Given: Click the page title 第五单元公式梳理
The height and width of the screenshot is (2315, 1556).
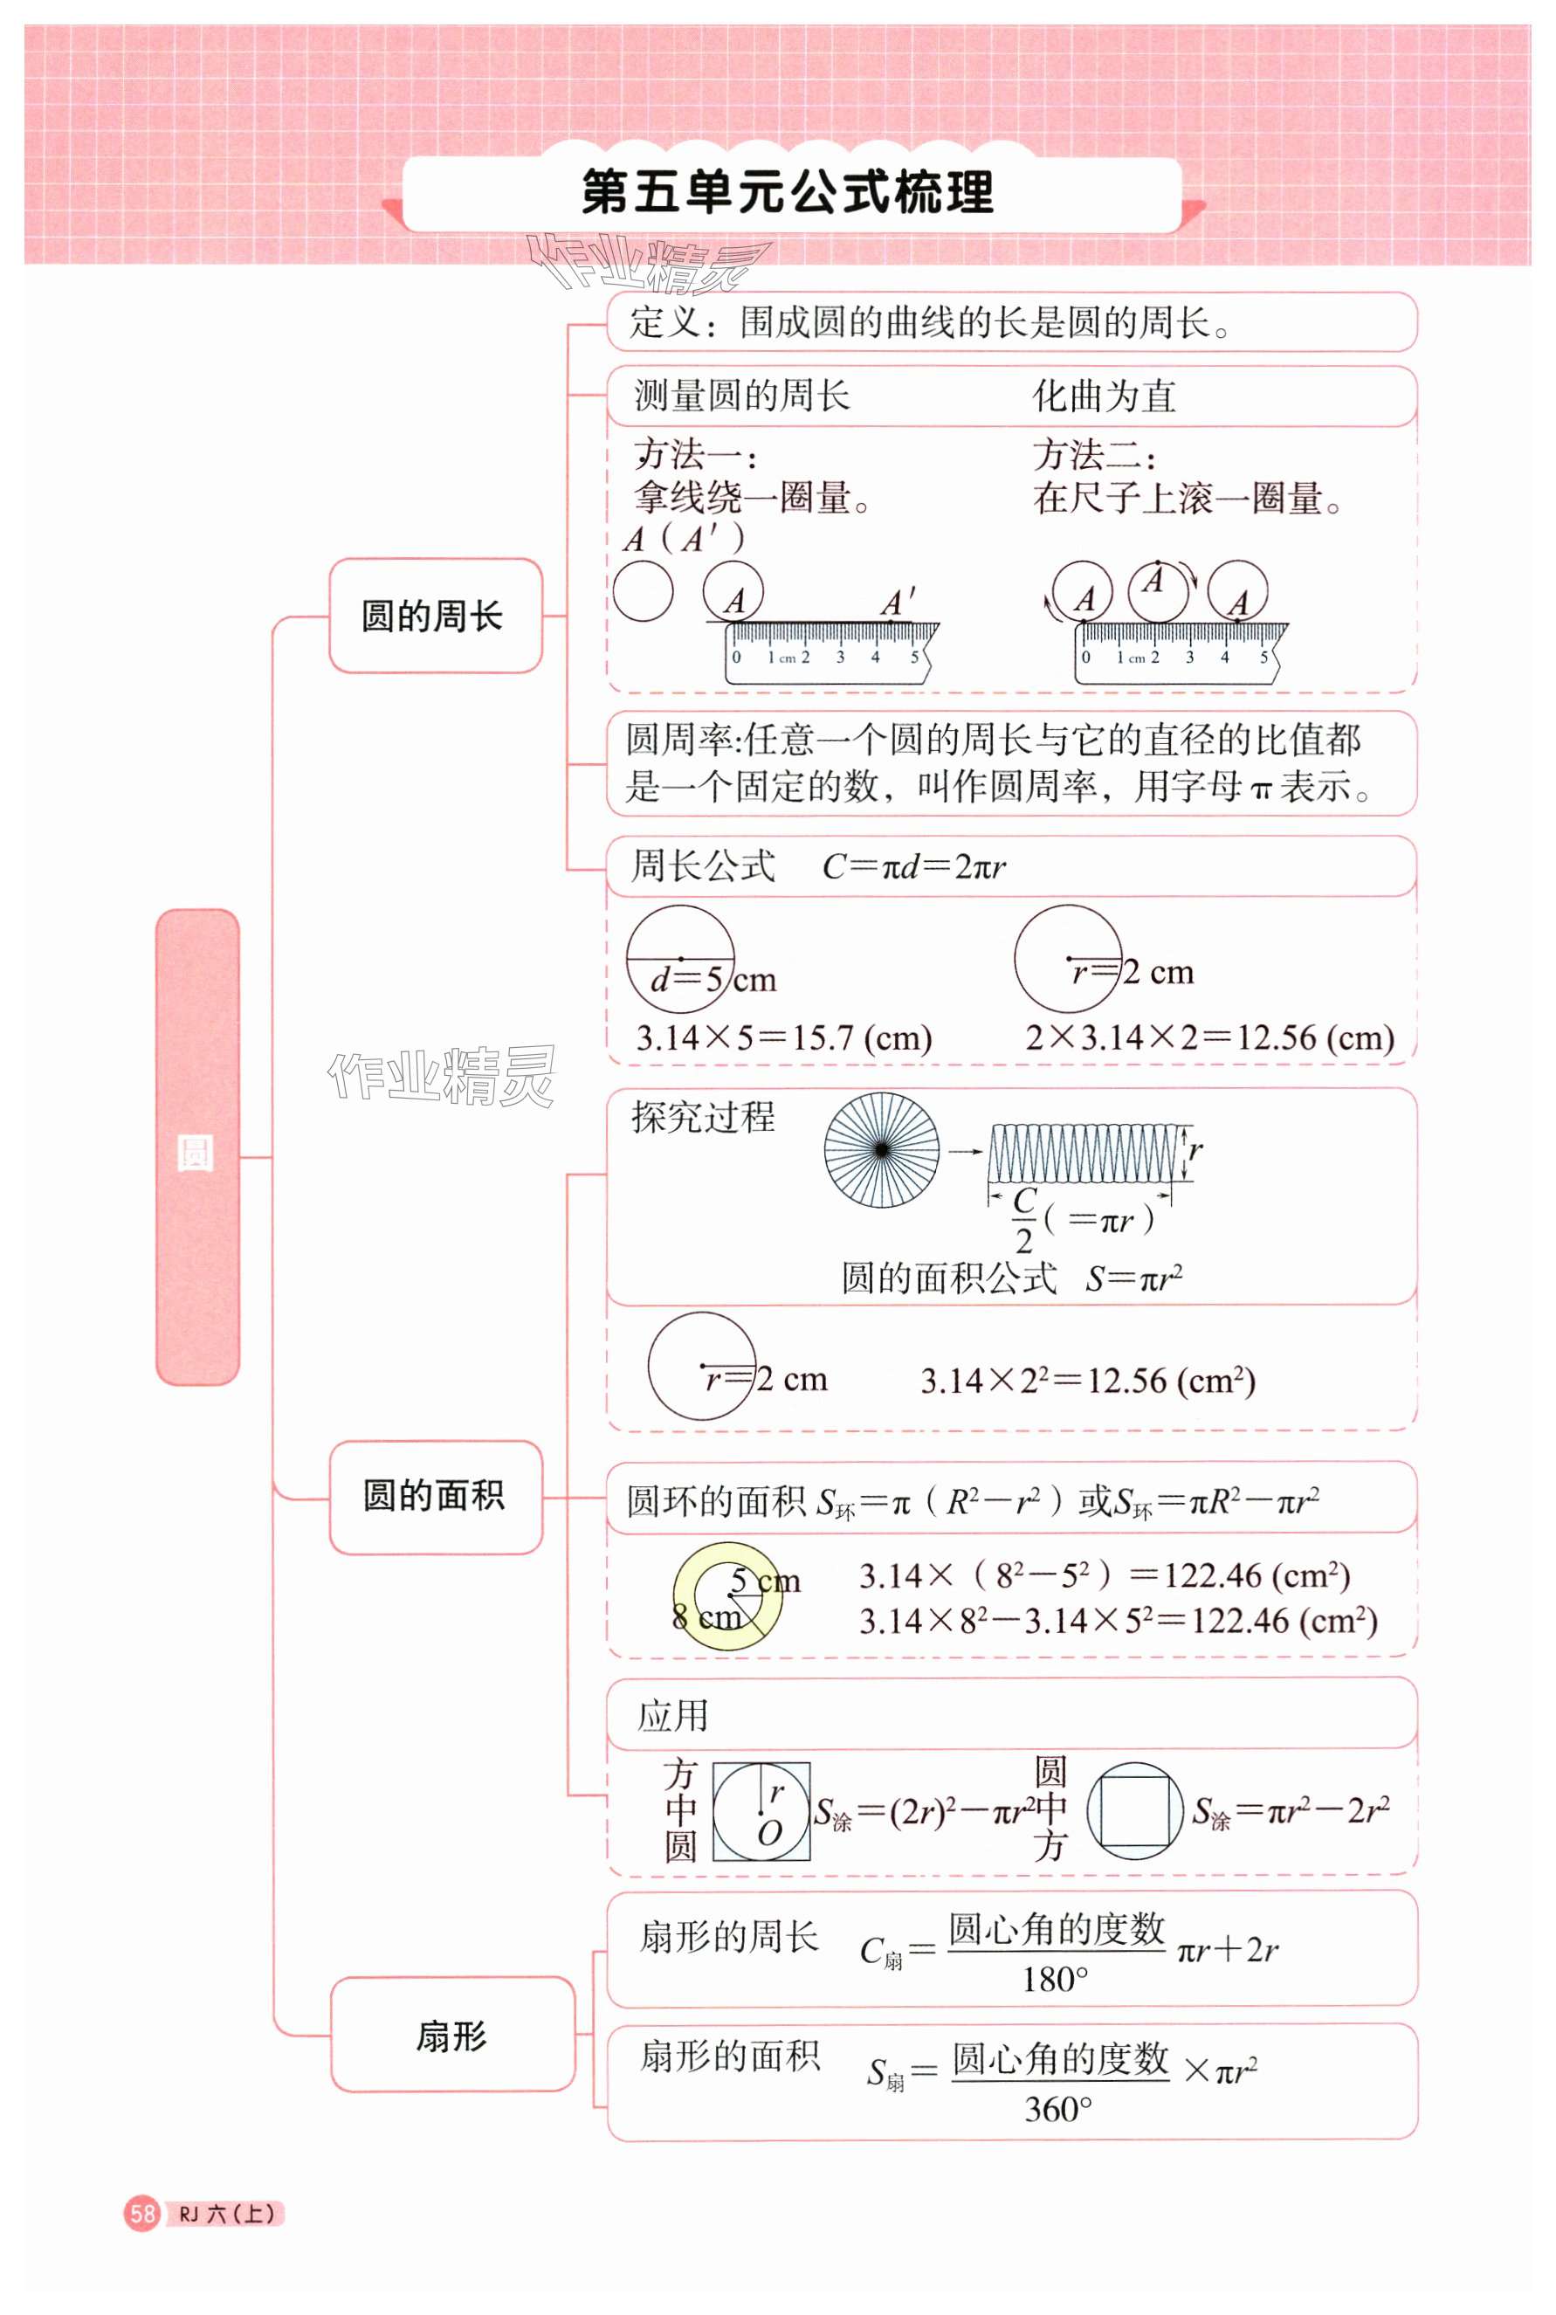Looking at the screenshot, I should (787, 192).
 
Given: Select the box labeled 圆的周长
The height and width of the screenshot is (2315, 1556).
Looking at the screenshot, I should (435, 617).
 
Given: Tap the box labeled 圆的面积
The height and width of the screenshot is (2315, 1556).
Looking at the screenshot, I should (435, 1495).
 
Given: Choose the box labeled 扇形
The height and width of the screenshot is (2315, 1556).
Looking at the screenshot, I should (451, 2036).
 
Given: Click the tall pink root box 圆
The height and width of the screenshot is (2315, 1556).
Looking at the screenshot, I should (197, 1147).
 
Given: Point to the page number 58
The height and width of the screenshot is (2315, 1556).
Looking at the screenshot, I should (142, 2213).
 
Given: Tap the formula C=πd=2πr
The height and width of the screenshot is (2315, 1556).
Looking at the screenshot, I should (913, 867).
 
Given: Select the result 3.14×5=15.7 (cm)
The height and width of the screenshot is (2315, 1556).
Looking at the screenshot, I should (783, 1039).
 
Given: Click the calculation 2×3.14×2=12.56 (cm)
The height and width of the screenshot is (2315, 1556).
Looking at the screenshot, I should (1208, 1038).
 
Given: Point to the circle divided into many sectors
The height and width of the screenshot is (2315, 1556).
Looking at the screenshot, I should (881, 1150).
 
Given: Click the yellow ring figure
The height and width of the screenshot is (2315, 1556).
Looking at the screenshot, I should (727, 1595).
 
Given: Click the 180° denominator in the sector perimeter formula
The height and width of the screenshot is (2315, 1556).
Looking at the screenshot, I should (1055, 1980).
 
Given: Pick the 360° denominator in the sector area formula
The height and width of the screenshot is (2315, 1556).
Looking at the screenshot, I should (1057, 2109).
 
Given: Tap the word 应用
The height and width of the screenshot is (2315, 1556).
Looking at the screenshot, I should (673, 1716).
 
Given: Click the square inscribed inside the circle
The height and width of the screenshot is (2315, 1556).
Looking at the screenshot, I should (1135, 1811).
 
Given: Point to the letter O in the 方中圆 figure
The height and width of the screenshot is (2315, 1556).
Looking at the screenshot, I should (769, 1833).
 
